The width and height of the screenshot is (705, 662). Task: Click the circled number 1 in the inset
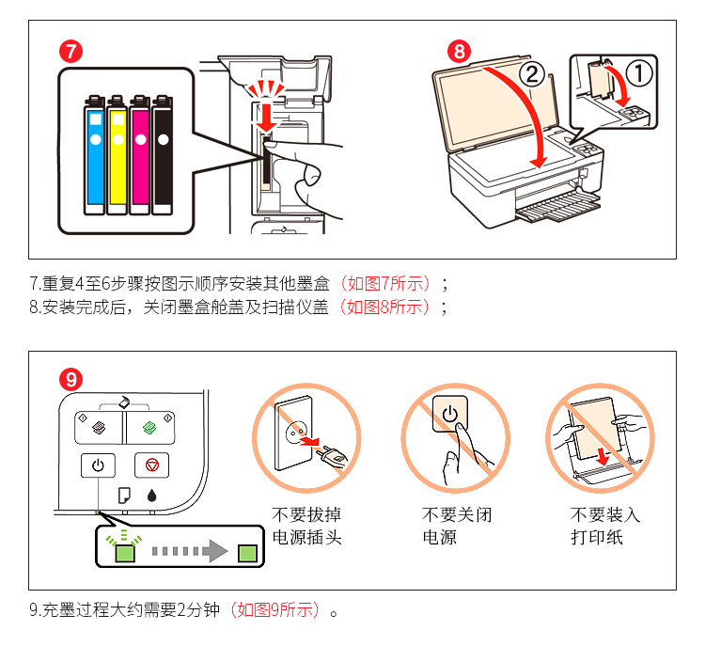639,71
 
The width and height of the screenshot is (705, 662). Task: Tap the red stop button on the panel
151,464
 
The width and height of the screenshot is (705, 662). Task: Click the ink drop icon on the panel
152,494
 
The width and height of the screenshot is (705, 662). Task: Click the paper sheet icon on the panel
122,494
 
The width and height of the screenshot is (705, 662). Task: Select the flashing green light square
123,553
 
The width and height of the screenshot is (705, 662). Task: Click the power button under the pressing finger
449,414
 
